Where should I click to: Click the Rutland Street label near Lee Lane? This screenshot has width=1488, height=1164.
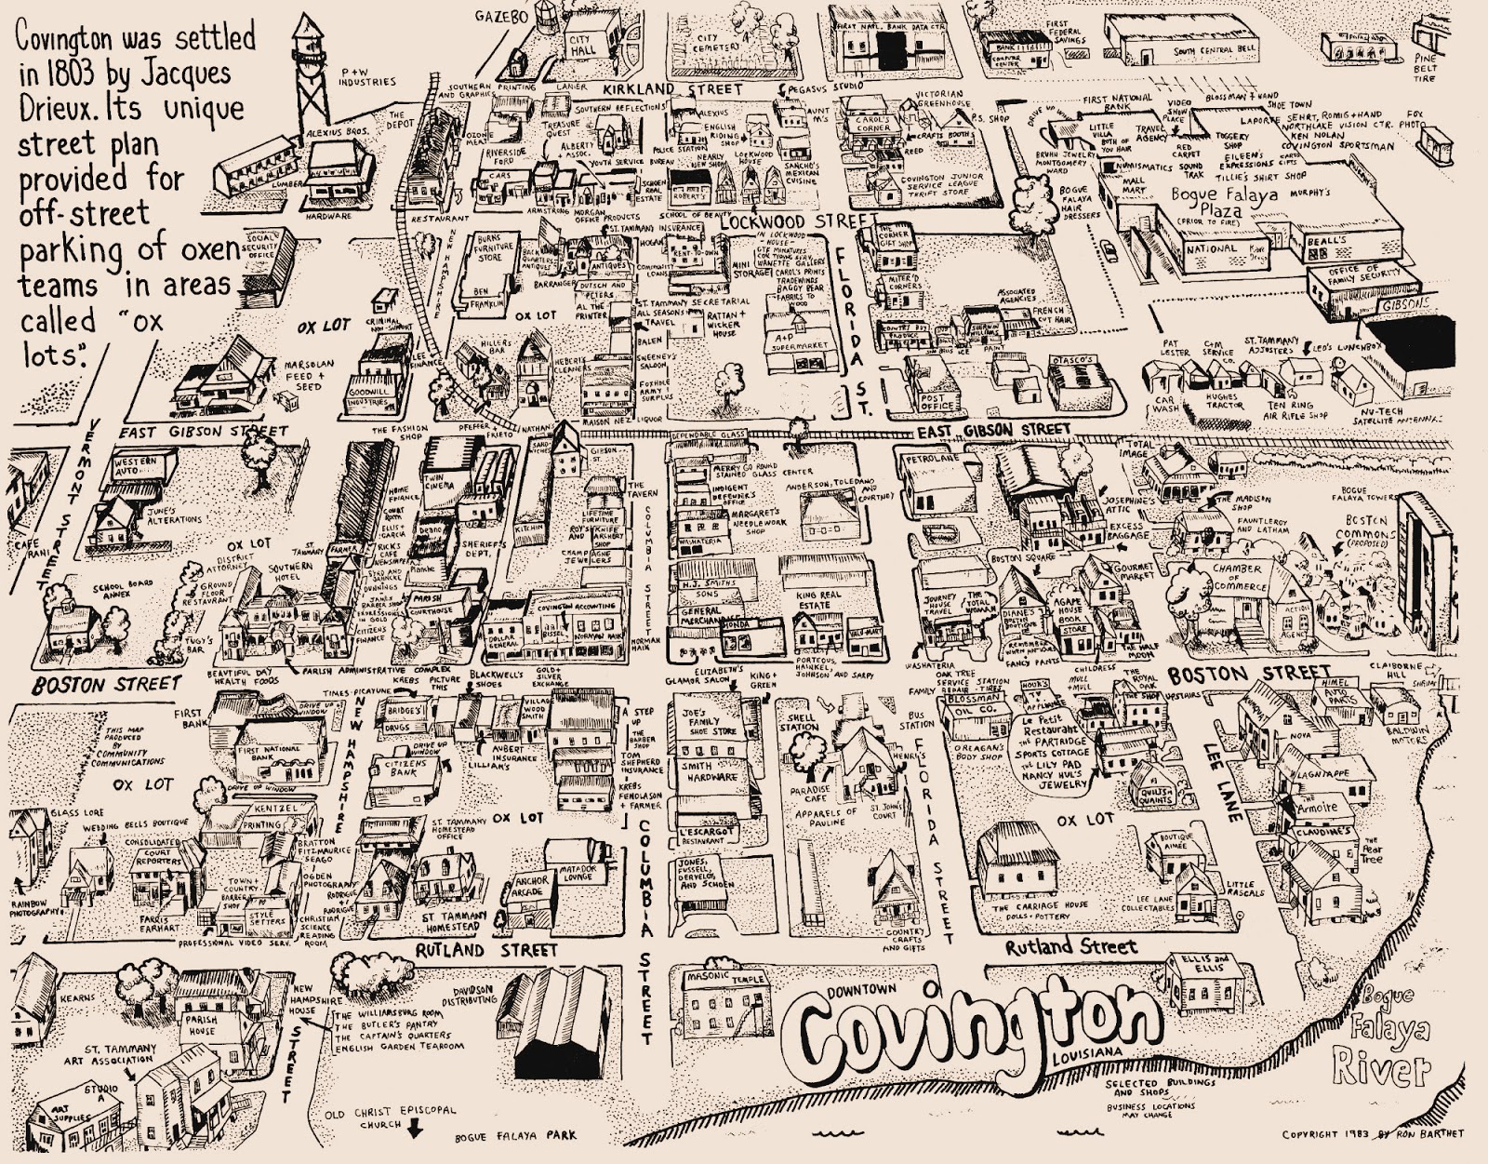point(1070,947)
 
